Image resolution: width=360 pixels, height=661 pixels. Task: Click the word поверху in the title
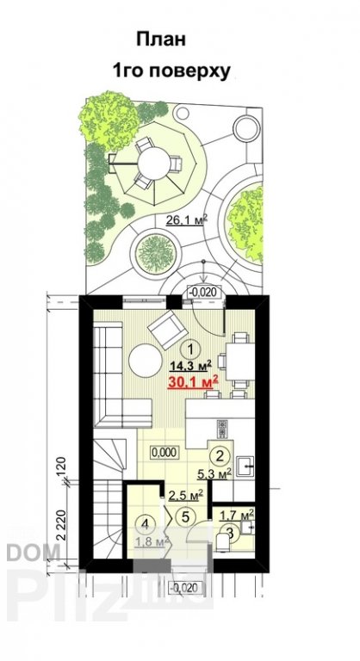click(196, 72)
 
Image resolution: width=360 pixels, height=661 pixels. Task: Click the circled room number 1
click(195, 347)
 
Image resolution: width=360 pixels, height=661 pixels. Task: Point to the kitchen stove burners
click(222, 428)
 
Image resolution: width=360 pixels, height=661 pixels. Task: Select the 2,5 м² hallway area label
click(184, 495)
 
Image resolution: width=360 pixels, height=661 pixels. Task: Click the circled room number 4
click(147, 522)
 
